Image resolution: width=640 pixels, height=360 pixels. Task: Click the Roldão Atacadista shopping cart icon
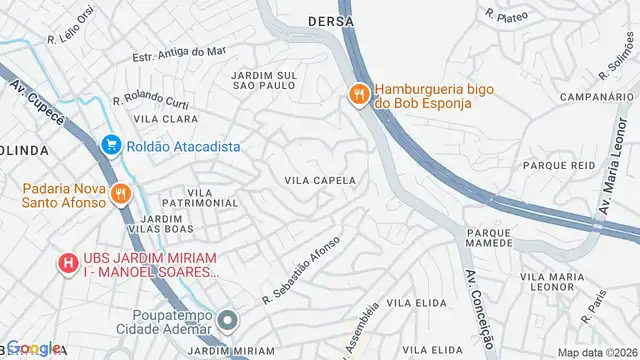[111, 146]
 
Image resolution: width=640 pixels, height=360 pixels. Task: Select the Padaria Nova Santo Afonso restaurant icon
[121, 194]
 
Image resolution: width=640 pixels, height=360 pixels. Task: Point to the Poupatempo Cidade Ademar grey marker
[228, 321]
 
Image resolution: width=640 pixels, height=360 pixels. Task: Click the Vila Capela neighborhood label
[321, 180]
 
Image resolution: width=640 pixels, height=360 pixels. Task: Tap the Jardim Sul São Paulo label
[263, 80]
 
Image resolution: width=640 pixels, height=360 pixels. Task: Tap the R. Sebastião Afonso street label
[302, 269]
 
